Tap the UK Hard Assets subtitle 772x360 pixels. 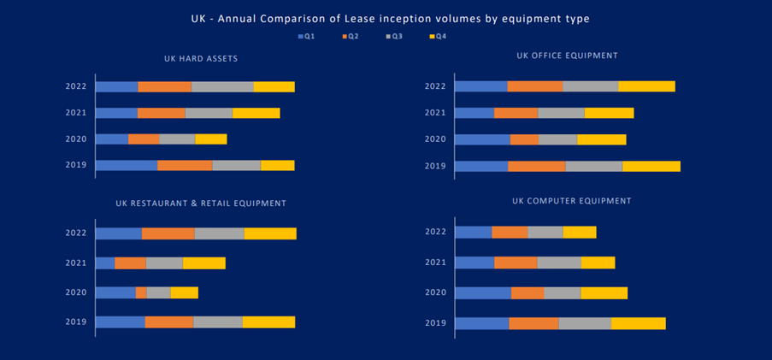201,59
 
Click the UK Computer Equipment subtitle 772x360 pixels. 571,201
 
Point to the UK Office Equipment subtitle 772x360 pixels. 567,56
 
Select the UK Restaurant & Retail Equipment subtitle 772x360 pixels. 201,204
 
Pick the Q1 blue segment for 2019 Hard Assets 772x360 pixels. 126,165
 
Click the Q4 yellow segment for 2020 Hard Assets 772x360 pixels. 211,139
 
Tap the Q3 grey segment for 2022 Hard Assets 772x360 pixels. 222,86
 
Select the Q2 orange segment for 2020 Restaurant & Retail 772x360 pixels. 141,292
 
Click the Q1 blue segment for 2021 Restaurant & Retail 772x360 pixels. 105,263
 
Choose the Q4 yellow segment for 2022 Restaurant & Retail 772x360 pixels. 270,233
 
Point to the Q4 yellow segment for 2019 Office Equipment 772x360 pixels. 651,166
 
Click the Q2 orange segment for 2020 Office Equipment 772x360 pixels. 524,139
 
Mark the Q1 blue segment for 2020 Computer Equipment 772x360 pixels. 483,293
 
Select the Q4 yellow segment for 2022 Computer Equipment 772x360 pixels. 580,232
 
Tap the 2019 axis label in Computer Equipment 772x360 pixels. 435,323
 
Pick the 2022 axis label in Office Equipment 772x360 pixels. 435,86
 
